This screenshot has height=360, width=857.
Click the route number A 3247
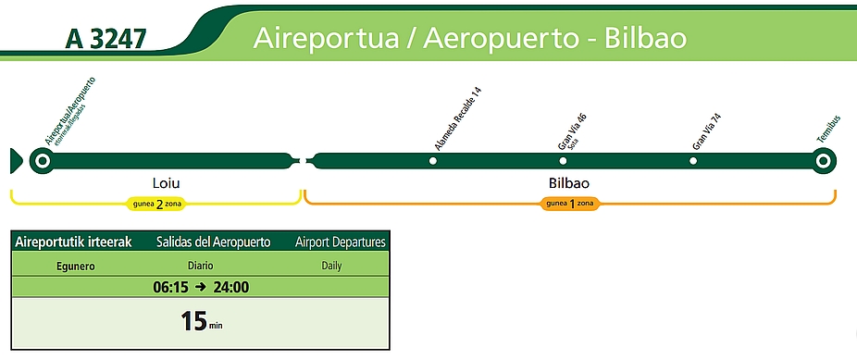tap(106, 39)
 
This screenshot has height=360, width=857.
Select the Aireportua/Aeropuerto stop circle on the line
tap(41, 161)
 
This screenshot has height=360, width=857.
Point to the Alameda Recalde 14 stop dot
tap(433, 161)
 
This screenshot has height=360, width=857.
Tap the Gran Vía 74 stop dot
tap(693, 161)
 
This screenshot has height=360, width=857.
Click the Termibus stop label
tap(827, 127)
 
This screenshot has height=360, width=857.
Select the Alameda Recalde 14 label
tap(458, 118)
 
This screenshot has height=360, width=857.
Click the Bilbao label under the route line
tap(569, 183)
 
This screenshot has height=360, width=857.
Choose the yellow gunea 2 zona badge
tap(155, 204)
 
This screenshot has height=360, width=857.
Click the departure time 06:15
tap(172, 287)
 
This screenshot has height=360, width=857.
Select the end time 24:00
tap(230, 287)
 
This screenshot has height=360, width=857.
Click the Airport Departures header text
tap(340, 242)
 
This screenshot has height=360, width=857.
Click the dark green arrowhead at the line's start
tap(15, 161)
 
